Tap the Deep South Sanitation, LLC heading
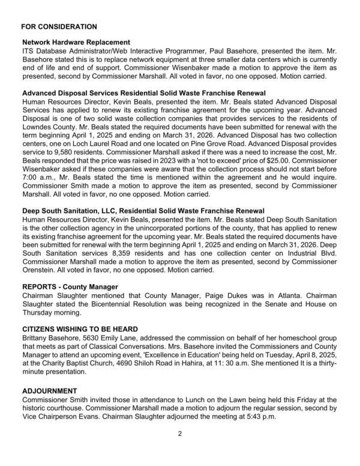(143, 211)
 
